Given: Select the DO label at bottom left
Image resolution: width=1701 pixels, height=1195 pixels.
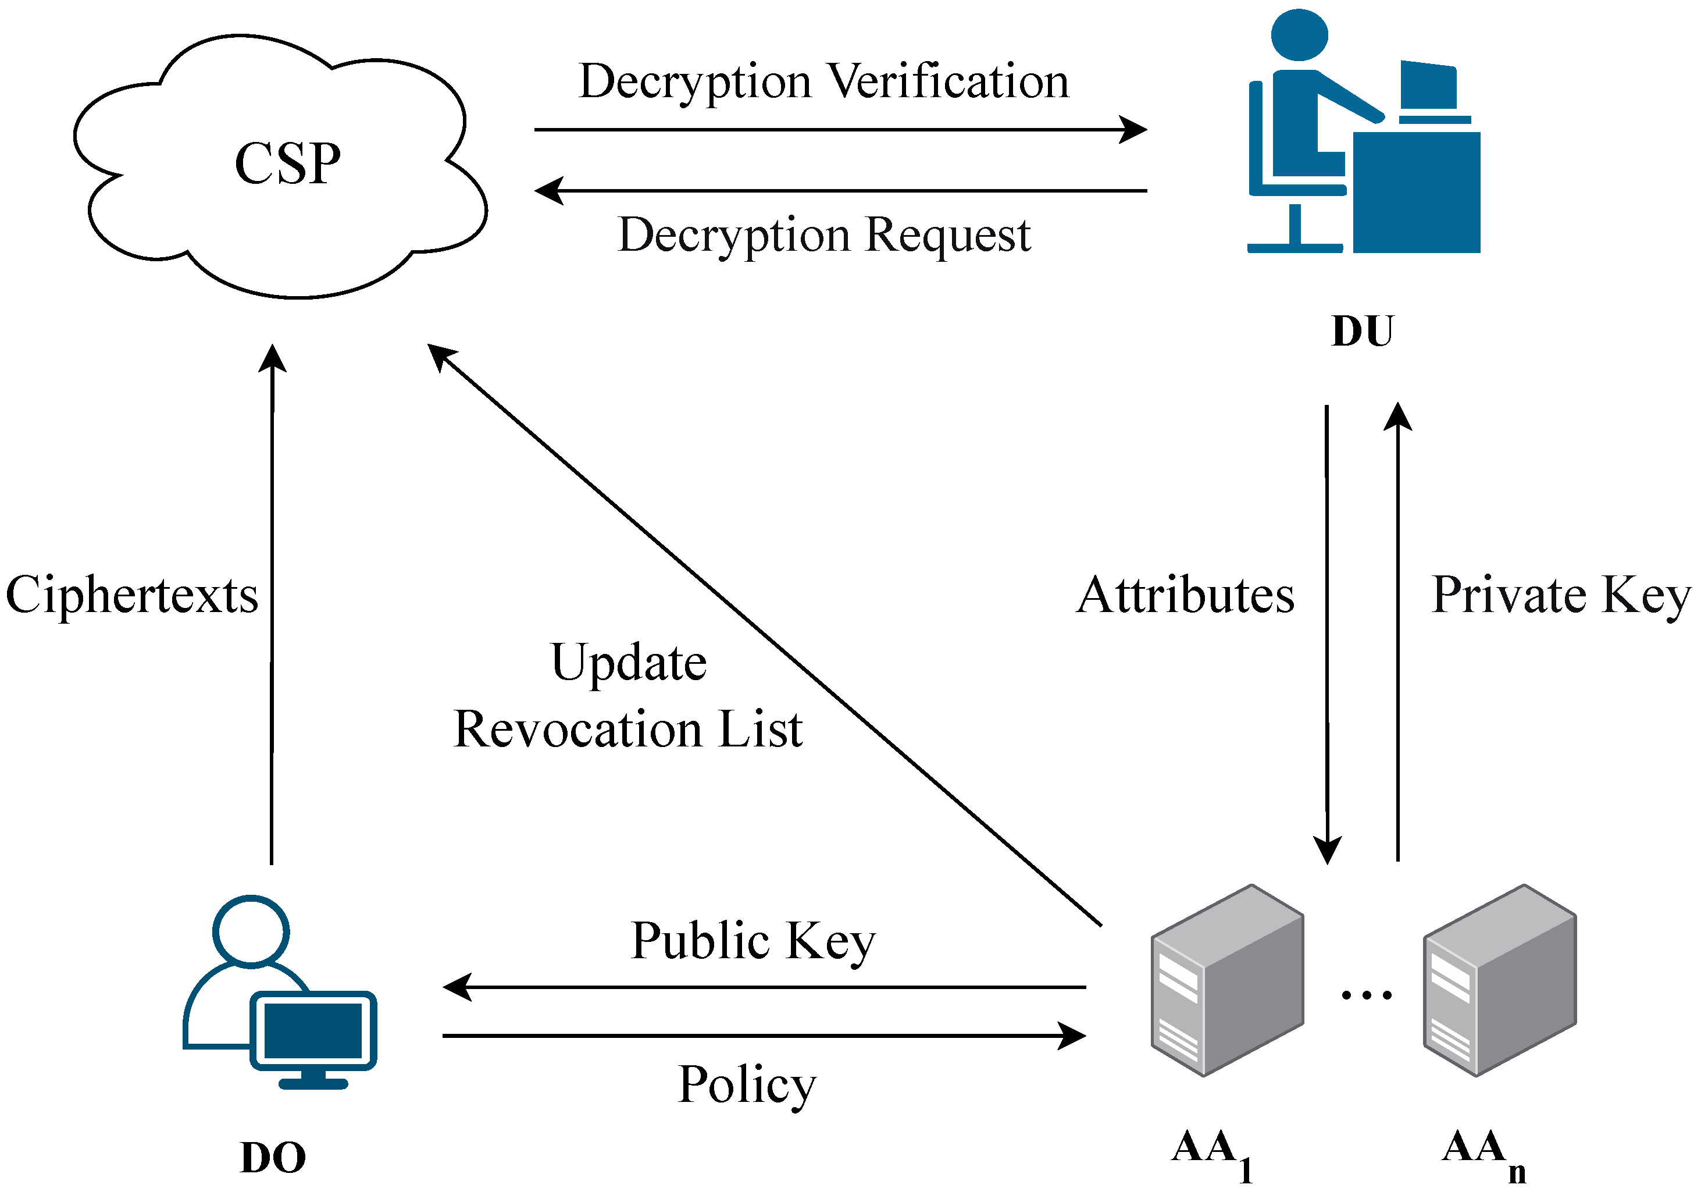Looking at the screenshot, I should click(273, 1157).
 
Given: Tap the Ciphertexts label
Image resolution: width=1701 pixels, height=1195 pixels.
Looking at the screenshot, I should click(132, 595).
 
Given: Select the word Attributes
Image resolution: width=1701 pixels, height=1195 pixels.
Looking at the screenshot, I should click(1185, 595).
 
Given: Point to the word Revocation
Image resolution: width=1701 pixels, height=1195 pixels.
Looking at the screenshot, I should click(578, 730).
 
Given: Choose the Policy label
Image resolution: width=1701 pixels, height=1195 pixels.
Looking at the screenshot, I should click(747, 1084).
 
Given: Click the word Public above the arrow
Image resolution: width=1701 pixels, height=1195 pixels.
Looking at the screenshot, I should click(700, 941).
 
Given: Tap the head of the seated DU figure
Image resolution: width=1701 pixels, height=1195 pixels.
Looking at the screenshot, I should click(1299, 34).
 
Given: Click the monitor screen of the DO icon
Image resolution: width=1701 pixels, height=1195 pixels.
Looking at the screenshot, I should click(313, 1031).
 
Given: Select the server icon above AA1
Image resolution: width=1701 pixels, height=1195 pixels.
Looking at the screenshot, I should click(1227, 980).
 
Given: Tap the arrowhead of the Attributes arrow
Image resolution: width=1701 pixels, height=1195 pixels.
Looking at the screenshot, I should click(1327, 851).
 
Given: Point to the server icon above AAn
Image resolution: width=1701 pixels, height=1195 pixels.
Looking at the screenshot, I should click(1499, 980).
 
